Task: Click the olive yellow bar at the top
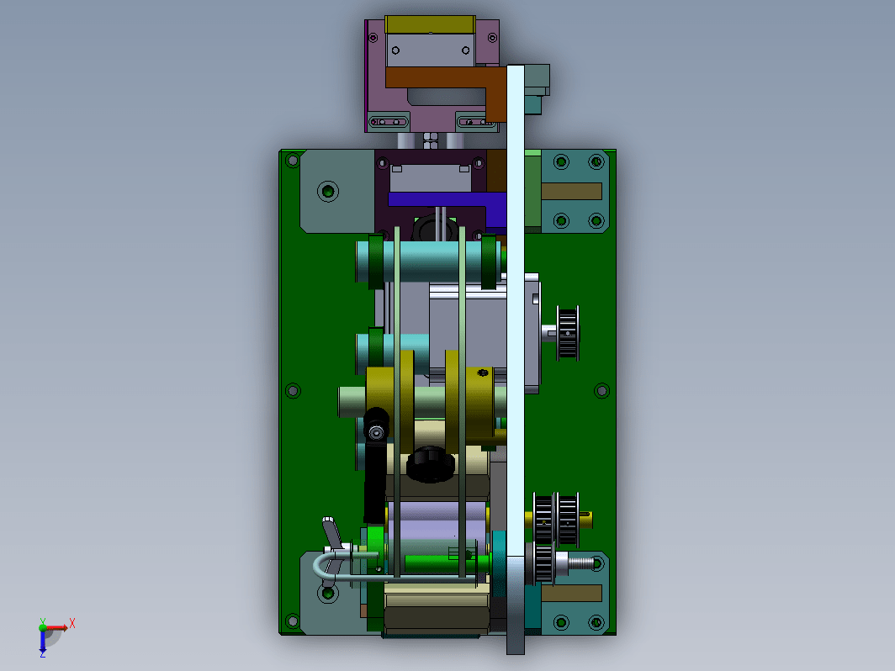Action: click(x=430, y=24)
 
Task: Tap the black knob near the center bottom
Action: click(x=431, y=464)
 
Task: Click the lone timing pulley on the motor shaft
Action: click(x=568, y=333)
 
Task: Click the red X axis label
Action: click(x=72, y=623)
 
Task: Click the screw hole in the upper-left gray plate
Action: click(x=328, y=191)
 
